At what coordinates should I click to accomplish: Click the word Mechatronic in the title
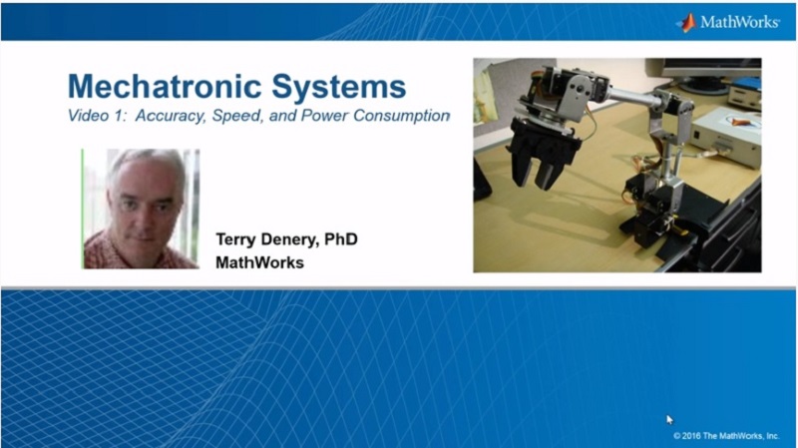pos(165,86)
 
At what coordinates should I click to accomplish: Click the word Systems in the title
pos(339,88)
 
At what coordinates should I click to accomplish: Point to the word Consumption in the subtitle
pos(402,116)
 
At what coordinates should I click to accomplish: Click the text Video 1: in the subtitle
pos(97,116)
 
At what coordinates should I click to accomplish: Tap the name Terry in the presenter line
pos(235,239)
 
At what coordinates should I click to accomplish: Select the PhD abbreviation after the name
pos(341,238)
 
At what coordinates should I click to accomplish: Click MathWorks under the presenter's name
pos(259,262)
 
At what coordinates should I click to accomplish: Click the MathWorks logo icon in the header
pos(687,22)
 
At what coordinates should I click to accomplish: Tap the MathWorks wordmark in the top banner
pos(740,22)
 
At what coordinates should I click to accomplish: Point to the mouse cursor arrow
pos(669,419)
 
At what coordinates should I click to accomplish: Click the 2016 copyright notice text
pos(726,436)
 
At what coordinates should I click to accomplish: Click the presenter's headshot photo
pos(141,209)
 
